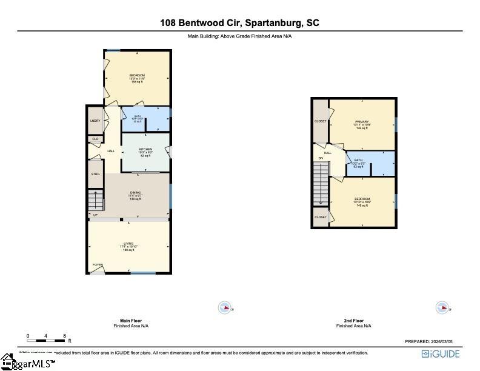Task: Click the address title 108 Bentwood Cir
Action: pos(239,23)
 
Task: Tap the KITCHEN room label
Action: pos(145,149)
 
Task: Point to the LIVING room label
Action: pos(128,244)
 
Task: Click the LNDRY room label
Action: pos(95,121)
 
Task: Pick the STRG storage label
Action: pos(95,174)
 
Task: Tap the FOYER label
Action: pos(97,265)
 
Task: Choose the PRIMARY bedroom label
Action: pos(362,122)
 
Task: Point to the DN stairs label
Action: pos(321,158)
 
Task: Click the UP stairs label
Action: pos(95,215)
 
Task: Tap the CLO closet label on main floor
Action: pos(95,139)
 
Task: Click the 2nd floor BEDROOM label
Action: pos(362,199)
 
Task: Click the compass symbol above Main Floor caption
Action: pos(225,308)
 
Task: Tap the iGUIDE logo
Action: pos(441,354)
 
